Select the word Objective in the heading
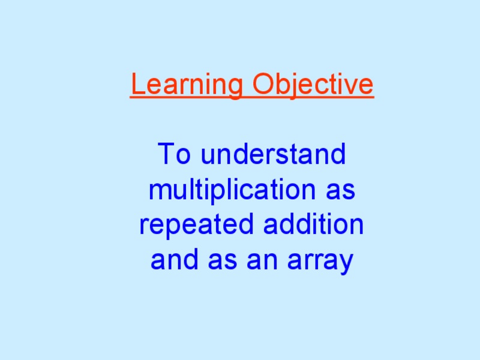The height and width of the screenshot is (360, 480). click(x=313, y=85)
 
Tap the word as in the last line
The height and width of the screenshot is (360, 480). click(x=221, y=261)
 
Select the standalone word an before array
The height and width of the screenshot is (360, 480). click(x=260, y=261)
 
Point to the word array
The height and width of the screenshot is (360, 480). click(x=320, y=262)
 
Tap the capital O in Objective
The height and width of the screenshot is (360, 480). click(x=263, y=85)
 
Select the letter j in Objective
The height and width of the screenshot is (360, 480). click(x=293, y=86)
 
